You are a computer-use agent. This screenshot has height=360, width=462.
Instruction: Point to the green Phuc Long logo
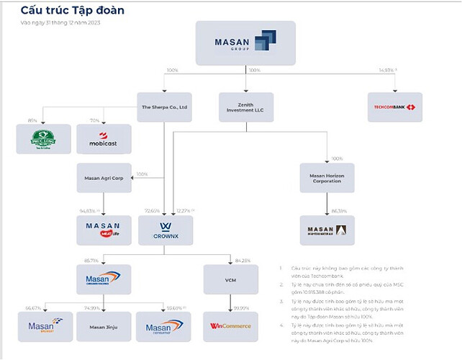43,139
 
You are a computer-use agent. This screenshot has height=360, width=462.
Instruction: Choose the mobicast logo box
104,139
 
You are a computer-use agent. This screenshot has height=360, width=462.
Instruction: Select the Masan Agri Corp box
104,178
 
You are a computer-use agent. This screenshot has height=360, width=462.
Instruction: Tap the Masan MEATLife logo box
104,230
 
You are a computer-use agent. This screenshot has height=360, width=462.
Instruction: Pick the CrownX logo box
164,230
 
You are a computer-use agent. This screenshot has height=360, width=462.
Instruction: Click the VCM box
231,279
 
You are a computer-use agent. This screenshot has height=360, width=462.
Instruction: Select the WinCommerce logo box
231,326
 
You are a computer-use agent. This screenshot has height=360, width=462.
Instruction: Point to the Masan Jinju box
104,326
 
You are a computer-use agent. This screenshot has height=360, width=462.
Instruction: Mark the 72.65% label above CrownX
152,211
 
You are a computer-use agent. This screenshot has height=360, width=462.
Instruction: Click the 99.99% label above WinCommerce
240,307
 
